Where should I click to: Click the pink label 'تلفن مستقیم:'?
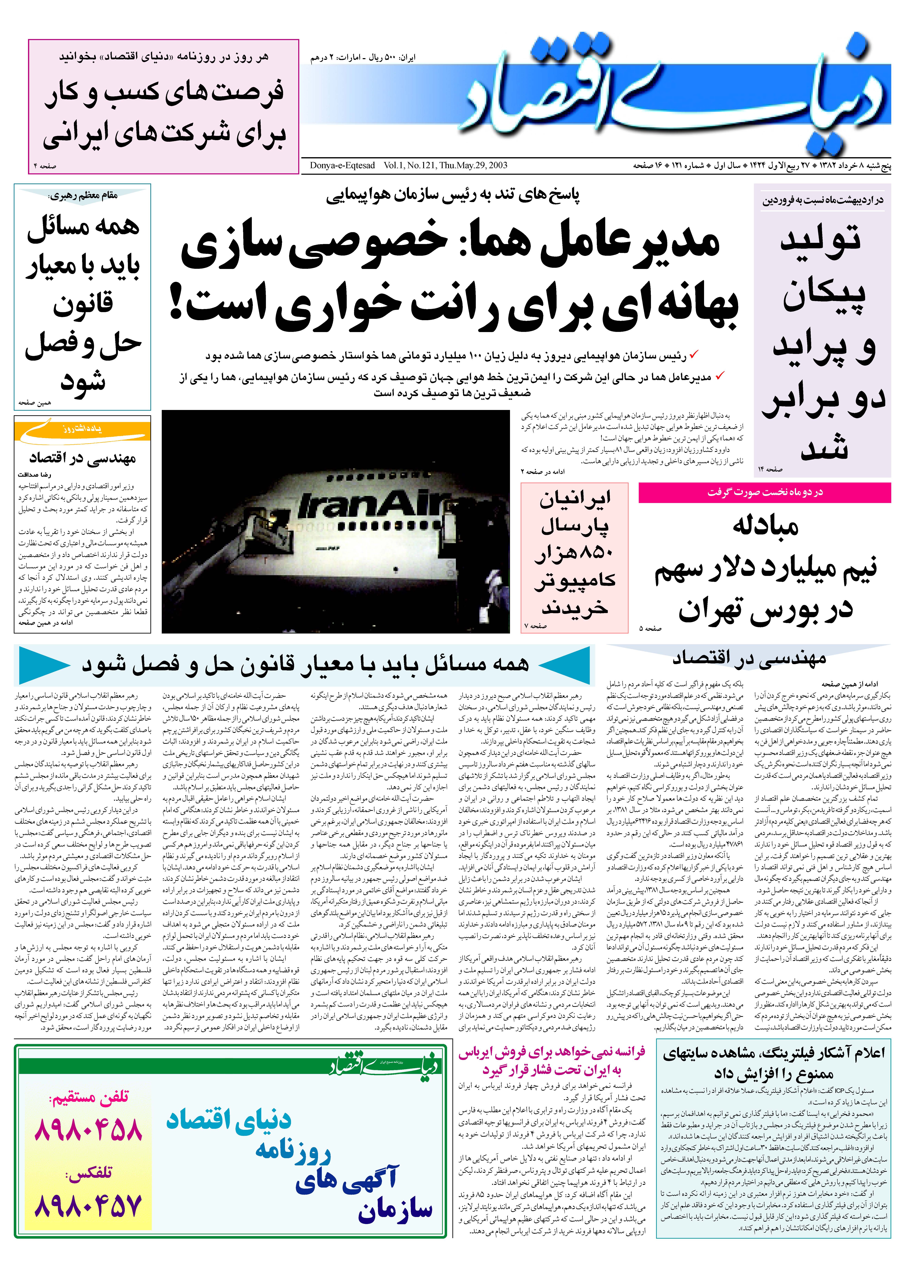[89, 1097]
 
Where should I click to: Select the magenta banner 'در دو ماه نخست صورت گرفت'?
[765, 492]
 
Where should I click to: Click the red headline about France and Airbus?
[552, 1061]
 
